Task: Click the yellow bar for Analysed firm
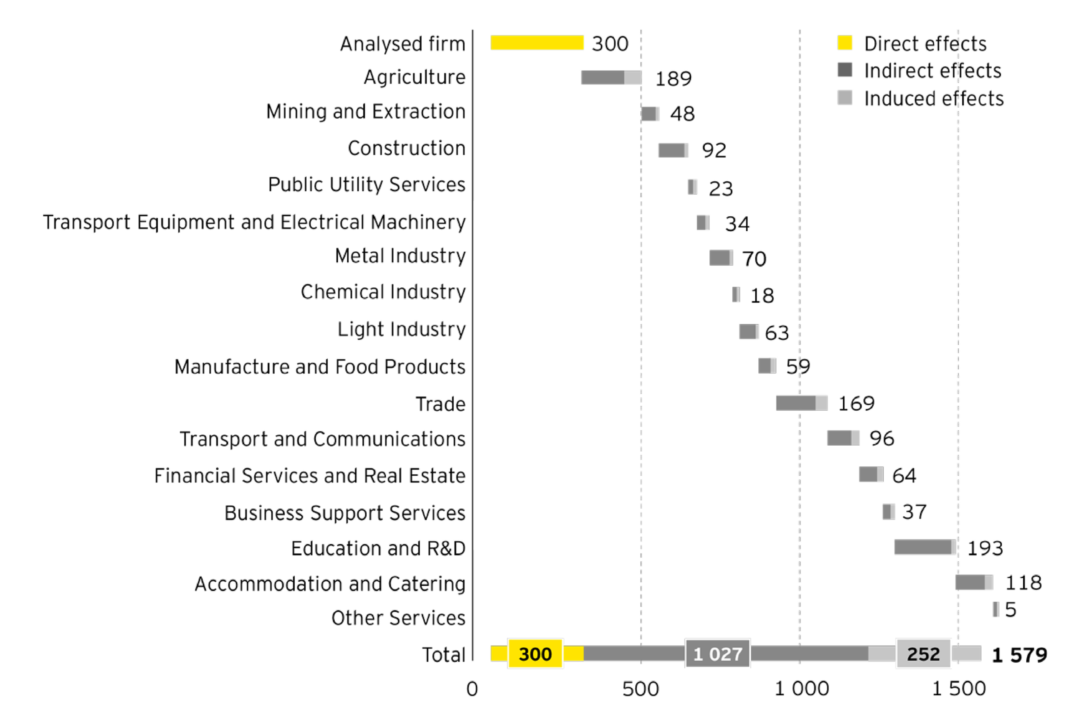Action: (x=537, y=43)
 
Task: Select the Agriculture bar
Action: (x=611, y=78)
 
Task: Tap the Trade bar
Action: (x=801, y=403)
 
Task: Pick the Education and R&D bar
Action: (x=924, y=547)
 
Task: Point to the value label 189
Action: (x=673, y=79)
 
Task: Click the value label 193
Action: (x=985, y=548)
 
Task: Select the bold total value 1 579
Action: (x=1019, y=655)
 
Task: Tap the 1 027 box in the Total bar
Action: (x=717, y=654)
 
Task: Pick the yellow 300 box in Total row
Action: (x=535, y=654)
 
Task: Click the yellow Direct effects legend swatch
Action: (x=844, y=43)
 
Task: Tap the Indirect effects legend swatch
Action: (x=844, y=70)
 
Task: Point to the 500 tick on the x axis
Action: (x=640, y=689)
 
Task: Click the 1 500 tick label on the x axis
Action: (x=958, y=689)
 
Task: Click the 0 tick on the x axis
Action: (x=472, y=689)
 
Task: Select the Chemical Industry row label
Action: (x=383, y=292)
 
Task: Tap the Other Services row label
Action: (x=398, y=618)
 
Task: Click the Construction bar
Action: (x=673, y=150)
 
